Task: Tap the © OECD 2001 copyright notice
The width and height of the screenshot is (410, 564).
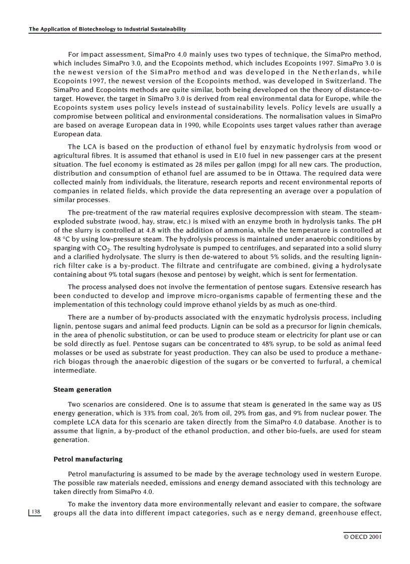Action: click(x=362, y=537)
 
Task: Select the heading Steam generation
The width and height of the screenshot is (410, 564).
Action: click(x=82, y=389)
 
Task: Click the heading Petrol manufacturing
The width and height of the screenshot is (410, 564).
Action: click(x=88, y=459)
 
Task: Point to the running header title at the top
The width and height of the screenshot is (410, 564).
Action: click(x=108, y=29)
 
